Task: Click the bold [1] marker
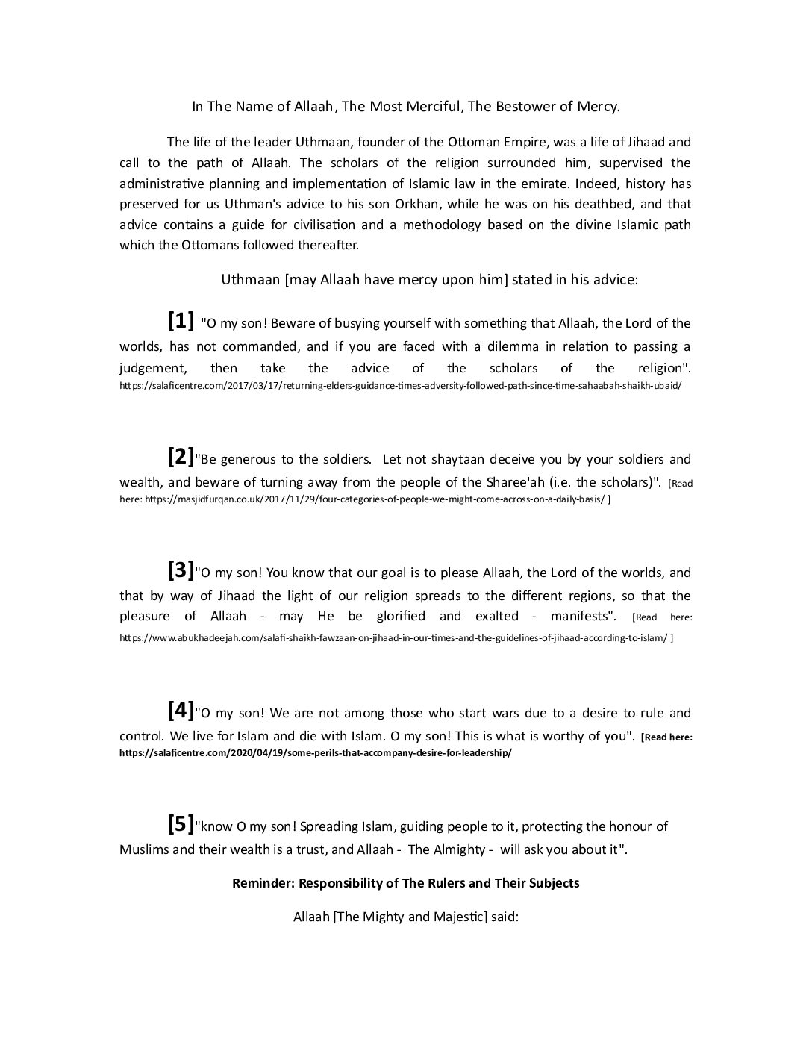pyautogui.click(x=181, y=321)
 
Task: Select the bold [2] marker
pyautogui.click(x=181, y=457)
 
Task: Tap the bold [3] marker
pyautogui.click(x=181, y=570)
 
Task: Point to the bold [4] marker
pyautogui.click(x=181, y=711)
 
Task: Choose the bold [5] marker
pyautogui.click(x=181, y=824)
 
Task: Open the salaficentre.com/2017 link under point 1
pyautogui.click(x=400, y=387)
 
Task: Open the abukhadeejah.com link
pyautogui.click(x=393, y=638)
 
